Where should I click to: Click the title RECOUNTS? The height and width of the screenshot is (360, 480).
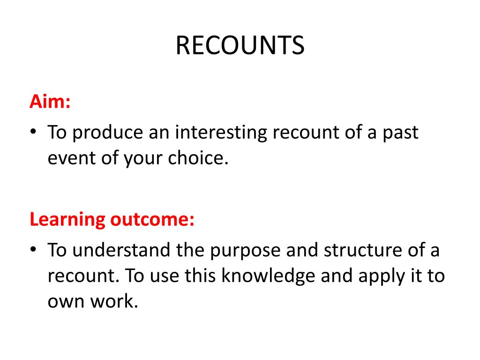(240, 45)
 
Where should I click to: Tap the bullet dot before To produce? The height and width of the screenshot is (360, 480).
(33, 131)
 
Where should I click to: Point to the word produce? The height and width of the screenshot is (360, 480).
(108, 133)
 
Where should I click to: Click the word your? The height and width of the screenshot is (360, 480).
(143, 159)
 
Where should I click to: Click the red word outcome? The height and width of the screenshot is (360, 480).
(152, 220)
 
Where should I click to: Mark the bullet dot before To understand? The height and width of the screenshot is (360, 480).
(33, 249)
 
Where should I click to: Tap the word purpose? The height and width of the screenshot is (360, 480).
(245, 251)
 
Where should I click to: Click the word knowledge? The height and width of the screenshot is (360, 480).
(268, 276)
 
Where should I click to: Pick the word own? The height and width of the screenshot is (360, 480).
(66, 301)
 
